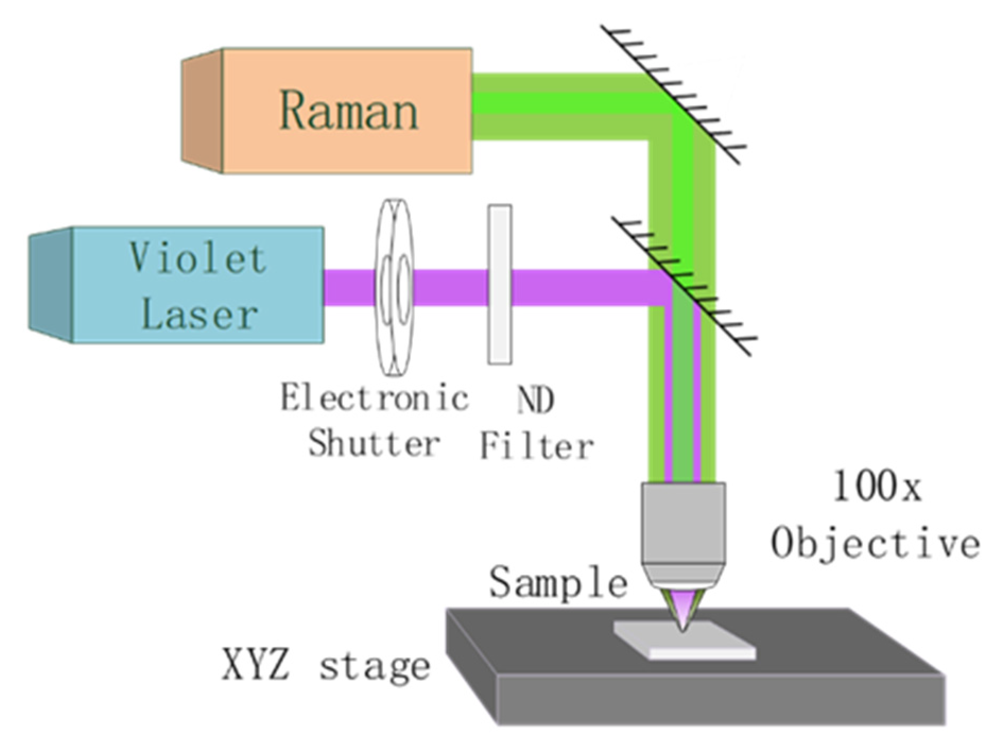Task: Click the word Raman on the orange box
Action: [x=349, y=111]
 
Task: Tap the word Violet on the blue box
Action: [x=197, y=259]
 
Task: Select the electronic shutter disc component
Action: [x=394, y=288]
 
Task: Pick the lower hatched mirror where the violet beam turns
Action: [x=685, y=287]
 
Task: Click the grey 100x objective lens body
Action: [x=683, y=525]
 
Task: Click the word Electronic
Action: [x=374, y=398]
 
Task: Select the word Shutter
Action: [x=374, y=444]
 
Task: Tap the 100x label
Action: [x=876, y=487]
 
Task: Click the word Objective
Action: [x=875, y=543]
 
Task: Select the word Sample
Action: [x=558, y=582]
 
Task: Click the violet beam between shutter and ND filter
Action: [x=450, y=288]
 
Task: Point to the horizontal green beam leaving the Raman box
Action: [x=557, y=107]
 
